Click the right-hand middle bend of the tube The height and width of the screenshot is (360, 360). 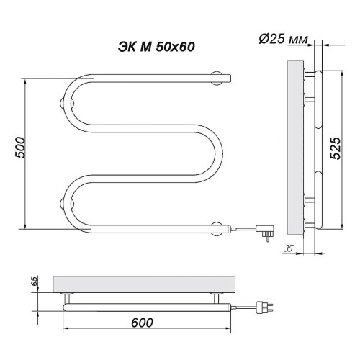(218, 152)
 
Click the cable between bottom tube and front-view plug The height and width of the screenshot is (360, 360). (241, 228)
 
